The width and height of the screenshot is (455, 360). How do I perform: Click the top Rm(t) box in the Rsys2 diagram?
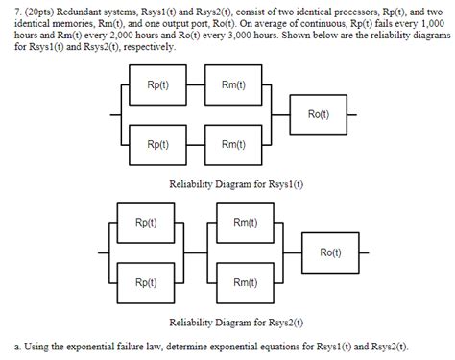(243, 224)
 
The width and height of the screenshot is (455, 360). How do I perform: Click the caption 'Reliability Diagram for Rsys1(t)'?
(235, 182)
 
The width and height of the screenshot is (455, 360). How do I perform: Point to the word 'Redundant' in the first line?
(82, 9)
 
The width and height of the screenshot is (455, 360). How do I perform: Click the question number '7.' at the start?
(11, 9)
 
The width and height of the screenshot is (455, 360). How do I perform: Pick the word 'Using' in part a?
(30, 347)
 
